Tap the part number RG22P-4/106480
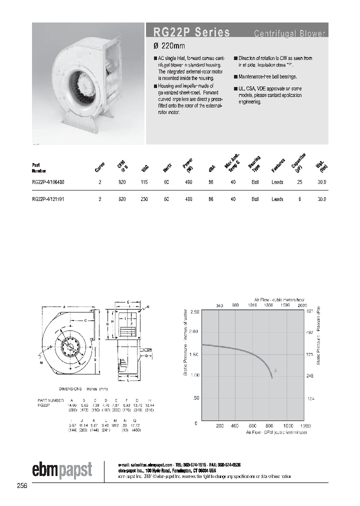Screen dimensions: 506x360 (x=47, y=182)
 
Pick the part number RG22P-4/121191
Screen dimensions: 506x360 (x=47, y=199)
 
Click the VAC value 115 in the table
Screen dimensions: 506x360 (x=144, y=182)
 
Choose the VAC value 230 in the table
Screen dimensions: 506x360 (x=144, y=199)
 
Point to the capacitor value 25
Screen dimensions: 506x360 (x=299, y=182)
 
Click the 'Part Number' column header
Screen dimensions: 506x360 (x=39, y=167)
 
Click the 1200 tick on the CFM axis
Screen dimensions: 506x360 (x=305, y=425)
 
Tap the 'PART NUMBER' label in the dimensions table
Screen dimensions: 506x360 (x=50, y=401)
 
